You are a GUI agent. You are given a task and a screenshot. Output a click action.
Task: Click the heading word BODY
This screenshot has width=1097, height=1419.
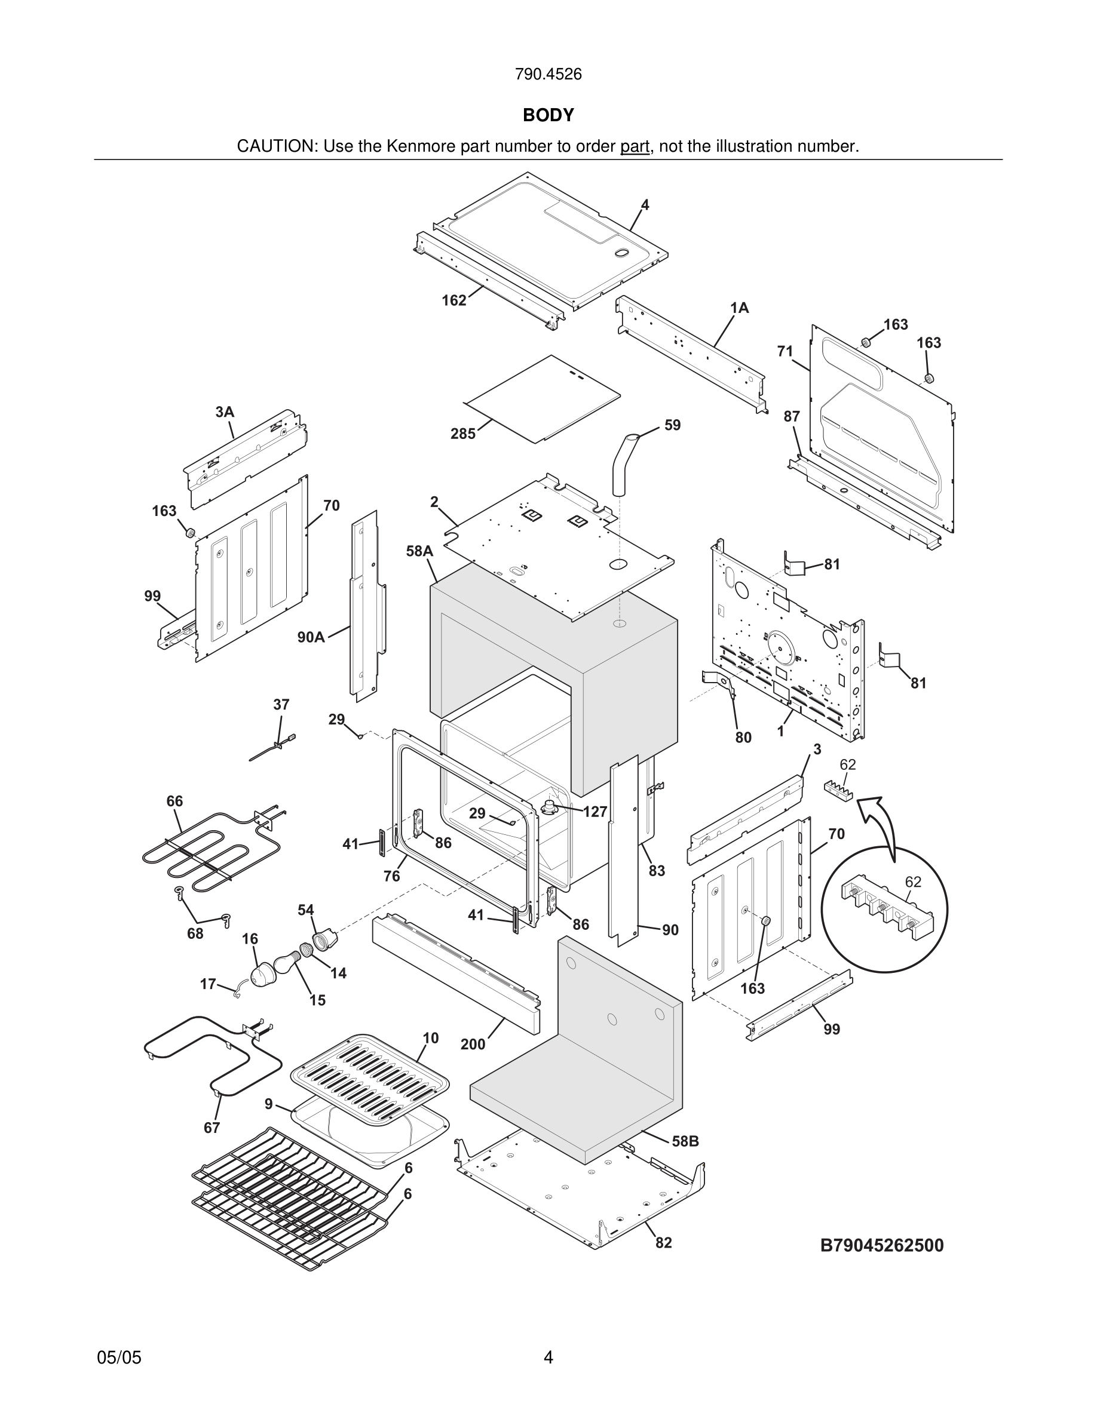pos(548,115)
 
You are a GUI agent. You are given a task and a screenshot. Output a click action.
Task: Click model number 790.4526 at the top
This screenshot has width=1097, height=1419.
pos(548,74)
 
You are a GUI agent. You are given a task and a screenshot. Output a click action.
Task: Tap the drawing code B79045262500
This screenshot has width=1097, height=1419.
pos(881,1245)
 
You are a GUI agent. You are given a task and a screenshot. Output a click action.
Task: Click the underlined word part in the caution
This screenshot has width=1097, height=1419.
pos(635,147)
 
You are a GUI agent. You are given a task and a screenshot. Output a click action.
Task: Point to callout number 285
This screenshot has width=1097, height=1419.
pos(462,434)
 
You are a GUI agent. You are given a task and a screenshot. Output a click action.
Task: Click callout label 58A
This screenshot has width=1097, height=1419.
pos(419,551)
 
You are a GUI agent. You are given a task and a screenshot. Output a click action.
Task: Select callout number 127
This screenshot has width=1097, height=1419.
pos(595,812)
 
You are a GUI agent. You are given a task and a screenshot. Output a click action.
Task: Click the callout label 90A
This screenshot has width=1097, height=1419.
pos(311,637)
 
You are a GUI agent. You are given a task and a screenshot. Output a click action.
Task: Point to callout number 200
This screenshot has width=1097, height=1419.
pos(473,1044)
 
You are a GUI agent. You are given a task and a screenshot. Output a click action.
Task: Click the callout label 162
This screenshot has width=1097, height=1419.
pos(454,300)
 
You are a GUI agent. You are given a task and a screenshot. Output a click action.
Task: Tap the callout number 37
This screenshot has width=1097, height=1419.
pos(281,704)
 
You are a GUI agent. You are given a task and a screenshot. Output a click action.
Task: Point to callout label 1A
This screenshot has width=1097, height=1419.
pos(739,308)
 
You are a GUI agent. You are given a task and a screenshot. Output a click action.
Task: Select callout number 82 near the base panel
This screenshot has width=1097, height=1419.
pos(663,1243)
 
